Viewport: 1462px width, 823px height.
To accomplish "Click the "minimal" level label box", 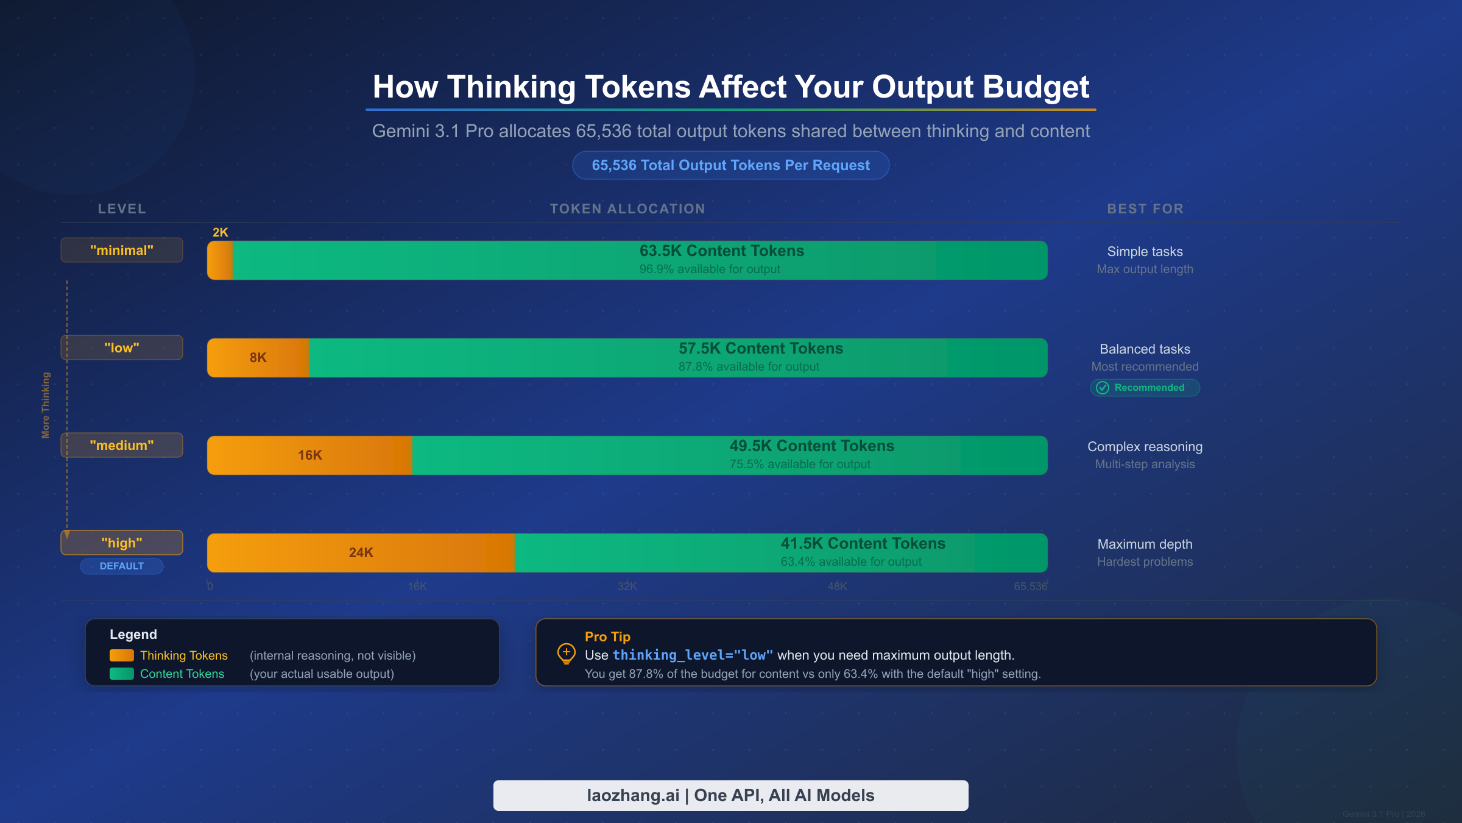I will coord(122,250).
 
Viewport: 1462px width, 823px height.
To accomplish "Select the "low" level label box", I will coord(122,347).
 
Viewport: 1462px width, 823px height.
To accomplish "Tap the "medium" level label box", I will coord(122,445).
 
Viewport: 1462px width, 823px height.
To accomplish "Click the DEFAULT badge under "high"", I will coord(122,566).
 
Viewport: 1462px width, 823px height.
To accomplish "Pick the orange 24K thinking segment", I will coord(361,553).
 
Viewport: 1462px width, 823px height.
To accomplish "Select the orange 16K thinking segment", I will coord(309,455).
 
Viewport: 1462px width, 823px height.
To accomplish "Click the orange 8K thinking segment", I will coord(258,358).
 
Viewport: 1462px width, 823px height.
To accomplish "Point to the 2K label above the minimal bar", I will coord(220,232).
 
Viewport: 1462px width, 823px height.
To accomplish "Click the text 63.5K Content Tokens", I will coord(721,251).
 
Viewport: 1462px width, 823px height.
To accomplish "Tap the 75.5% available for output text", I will coord(800,465).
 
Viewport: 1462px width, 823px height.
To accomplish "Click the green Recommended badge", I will coord(1145,388).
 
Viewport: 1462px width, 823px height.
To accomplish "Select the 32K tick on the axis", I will coord(627,586).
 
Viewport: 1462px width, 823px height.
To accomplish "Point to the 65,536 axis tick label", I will coord(1030,586).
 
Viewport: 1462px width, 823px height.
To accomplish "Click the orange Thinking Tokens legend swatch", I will coord(121,655).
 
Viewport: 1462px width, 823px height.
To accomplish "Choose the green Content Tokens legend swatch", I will coord(121,674).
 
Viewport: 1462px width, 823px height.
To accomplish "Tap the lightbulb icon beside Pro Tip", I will coord(566,654).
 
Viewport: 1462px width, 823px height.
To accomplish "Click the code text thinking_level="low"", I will coord(693,655).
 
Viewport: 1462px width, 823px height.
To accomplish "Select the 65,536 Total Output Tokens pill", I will coord(730,165).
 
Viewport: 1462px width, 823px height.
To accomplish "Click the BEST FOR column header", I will coord(1145,208).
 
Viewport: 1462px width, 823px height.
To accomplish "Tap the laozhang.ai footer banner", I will coord(730,796).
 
